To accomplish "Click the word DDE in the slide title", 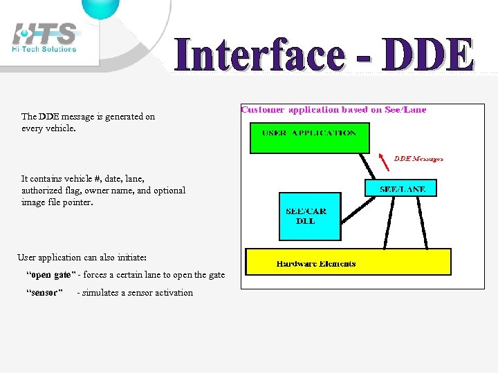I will coord(428,55).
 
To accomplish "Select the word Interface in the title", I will coord(259,55).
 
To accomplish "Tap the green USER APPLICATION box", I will coord(309,137).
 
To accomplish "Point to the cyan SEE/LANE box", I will coord(401,188).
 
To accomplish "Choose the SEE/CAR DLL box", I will coord(309,216).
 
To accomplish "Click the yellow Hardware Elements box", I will coord(349,262).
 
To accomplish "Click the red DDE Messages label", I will coord(418,158).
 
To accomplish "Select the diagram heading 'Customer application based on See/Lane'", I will coord(333,109).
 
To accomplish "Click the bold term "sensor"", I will coord(44,293).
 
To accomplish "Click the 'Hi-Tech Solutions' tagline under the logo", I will coord(44,49).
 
